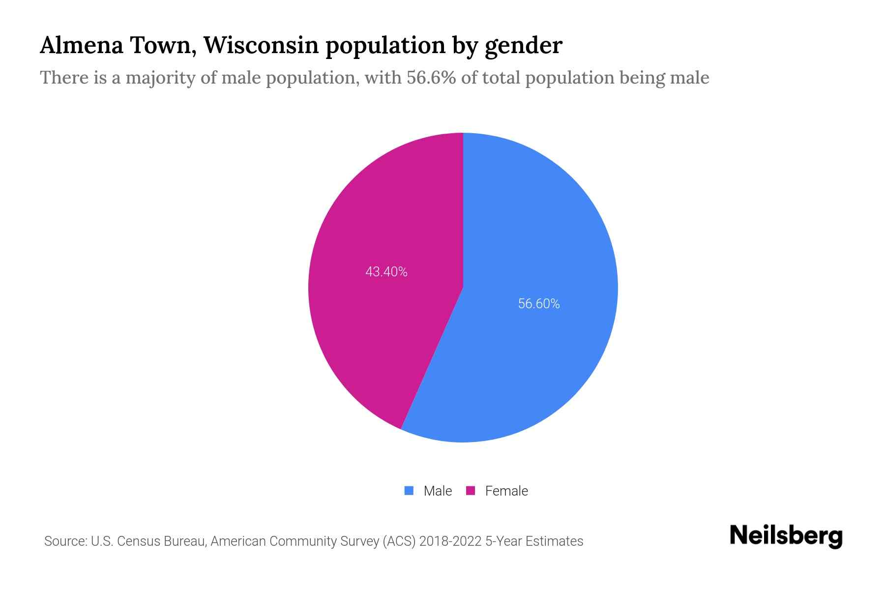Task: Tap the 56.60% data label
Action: coord(539,304)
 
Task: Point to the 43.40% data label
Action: coord(386,272)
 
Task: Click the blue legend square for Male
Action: coord(409,491)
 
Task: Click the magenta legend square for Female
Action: coord(471,491)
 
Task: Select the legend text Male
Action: coord(438,491)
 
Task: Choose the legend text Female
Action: coord(506,491)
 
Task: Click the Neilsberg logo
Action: coord(786,536)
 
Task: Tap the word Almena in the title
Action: coord(81,45)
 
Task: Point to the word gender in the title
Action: coord(523,46)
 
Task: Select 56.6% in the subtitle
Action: coord(431,78)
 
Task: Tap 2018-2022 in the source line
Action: coord(450,541)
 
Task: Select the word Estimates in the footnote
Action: coord(554,541)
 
